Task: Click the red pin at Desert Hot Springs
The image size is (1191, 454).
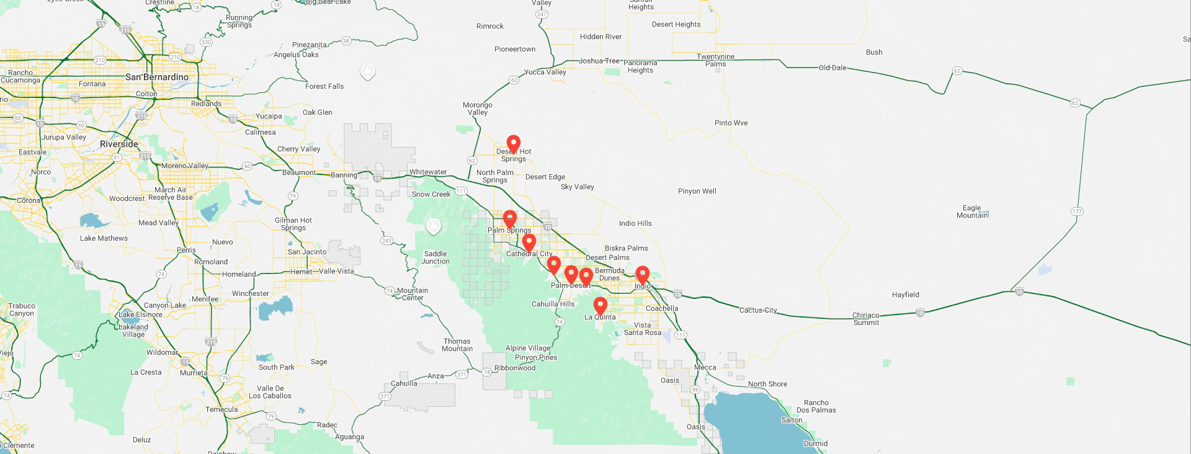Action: [513, 144]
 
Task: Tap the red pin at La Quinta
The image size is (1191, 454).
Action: [600, 306]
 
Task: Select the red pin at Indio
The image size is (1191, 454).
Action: [643, 274]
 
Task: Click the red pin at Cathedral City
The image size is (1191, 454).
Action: [529, 243]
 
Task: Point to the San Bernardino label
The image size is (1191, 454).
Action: [157, 77]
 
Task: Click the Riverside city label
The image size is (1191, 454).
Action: [119, 144]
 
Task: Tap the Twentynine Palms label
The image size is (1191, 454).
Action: [715, 60]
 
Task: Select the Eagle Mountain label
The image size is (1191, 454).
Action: [972, 211]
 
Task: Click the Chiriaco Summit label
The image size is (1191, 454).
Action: [866, 319]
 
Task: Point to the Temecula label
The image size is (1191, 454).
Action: [221, 409]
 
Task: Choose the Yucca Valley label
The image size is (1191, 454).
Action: [545, 72]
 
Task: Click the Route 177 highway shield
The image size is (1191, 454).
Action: [1077, 211]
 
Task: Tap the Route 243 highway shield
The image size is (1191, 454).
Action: [386, 241]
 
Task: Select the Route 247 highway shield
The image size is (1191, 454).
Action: [542, 14]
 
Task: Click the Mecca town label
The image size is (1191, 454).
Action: [705, 367]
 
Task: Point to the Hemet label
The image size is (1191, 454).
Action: [301, 272]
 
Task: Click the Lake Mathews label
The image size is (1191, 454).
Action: [104, 238]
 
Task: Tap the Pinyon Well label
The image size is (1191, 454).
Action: [697, 191]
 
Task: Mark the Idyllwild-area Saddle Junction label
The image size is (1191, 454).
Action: [435, 257]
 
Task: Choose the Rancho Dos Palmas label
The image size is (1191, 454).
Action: [816, 406]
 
